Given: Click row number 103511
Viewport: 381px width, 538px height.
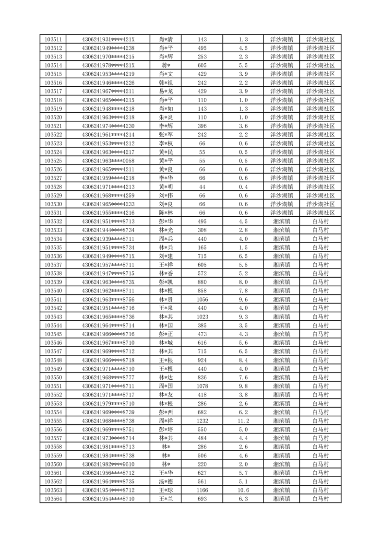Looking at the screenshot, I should click(x=53, y=39).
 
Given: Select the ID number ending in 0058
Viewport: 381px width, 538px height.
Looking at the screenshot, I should click(x=108, y=161).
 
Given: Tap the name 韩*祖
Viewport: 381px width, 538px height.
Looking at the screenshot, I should click(x=166, y=82).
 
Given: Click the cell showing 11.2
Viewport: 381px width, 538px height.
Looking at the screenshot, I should click(x=243, y=421).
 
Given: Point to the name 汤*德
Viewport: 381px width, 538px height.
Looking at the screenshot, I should click(x=166, y=481).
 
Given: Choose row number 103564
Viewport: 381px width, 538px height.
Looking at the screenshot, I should click(x=53, y=499).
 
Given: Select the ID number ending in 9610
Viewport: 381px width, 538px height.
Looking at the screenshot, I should click(x=108, y=464).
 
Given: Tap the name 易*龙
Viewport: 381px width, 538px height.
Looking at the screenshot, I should click(x=166, y=91).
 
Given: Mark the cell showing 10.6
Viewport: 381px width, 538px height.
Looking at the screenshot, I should click(x=243, y=490).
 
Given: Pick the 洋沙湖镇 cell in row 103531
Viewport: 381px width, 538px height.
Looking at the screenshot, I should click(x=282, y=212).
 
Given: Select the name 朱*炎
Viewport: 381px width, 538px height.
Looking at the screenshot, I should click(x=166, y=117).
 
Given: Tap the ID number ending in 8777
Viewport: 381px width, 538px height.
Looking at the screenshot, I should click(x=108, y=377).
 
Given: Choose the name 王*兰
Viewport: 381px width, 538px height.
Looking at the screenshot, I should click(x=166, y=499).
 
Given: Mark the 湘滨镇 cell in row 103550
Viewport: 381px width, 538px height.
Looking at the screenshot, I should click(x=282, y=377).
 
